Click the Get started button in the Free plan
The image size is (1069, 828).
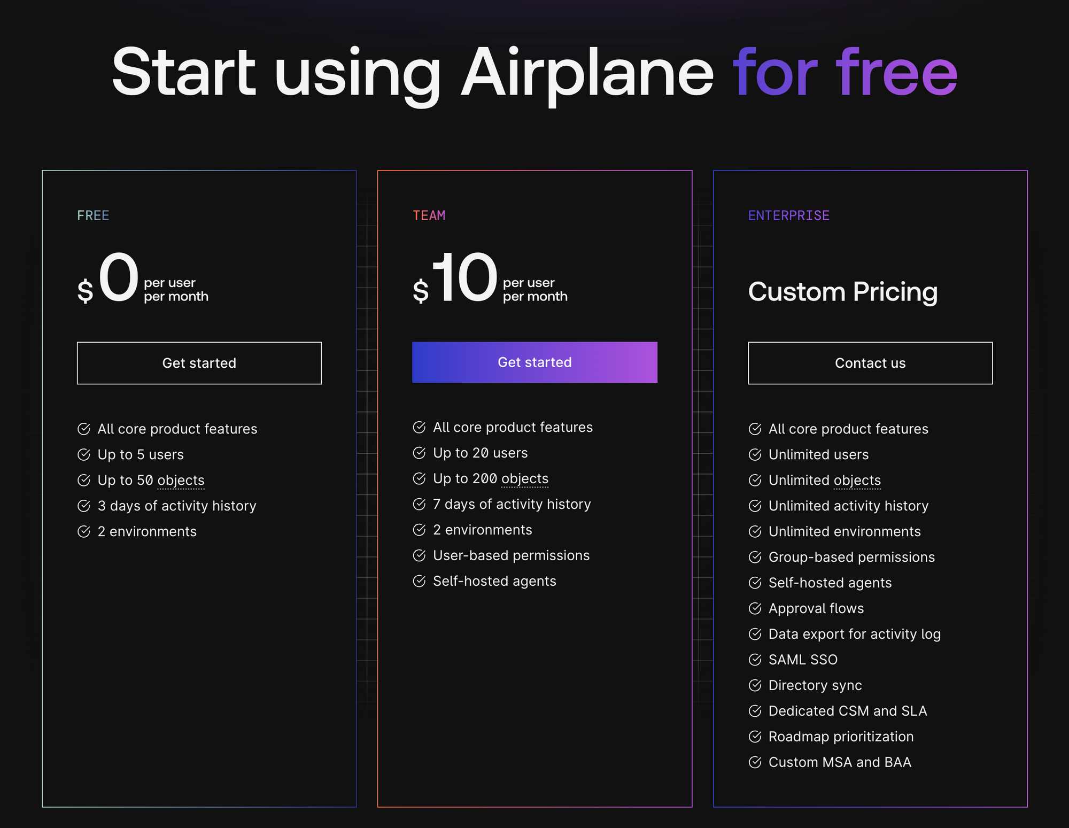(199, 363)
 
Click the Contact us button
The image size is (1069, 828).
(870, 363)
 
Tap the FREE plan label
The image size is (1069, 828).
(93, 215)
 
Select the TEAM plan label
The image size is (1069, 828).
(429, 215)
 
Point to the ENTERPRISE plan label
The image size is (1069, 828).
(789, 215)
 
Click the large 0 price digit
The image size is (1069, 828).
(119, 277)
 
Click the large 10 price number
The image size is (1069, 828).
(464, 277)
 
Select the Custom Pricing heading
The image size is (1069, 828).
(843, 292)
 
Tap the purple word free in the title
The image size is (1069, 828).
(897, 72)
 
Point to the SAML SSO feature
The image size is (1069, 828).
(803, 660)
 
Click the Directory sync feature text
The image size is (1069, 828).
(815, 686)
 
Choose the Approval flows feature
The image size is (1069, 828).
(816, 609)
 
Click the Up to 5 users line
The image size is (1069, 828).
(141, 455)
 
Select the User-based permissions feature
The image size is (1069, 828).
(512, 556)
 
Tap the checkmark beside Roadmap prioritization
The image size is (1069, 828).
(755, 737)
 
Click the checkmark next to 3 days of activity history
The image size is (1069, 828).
(84, 506)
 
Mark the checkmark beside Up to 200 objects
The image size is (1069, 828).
(419, 478)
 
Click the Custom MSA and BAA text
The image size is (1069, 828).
(840, 762)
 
